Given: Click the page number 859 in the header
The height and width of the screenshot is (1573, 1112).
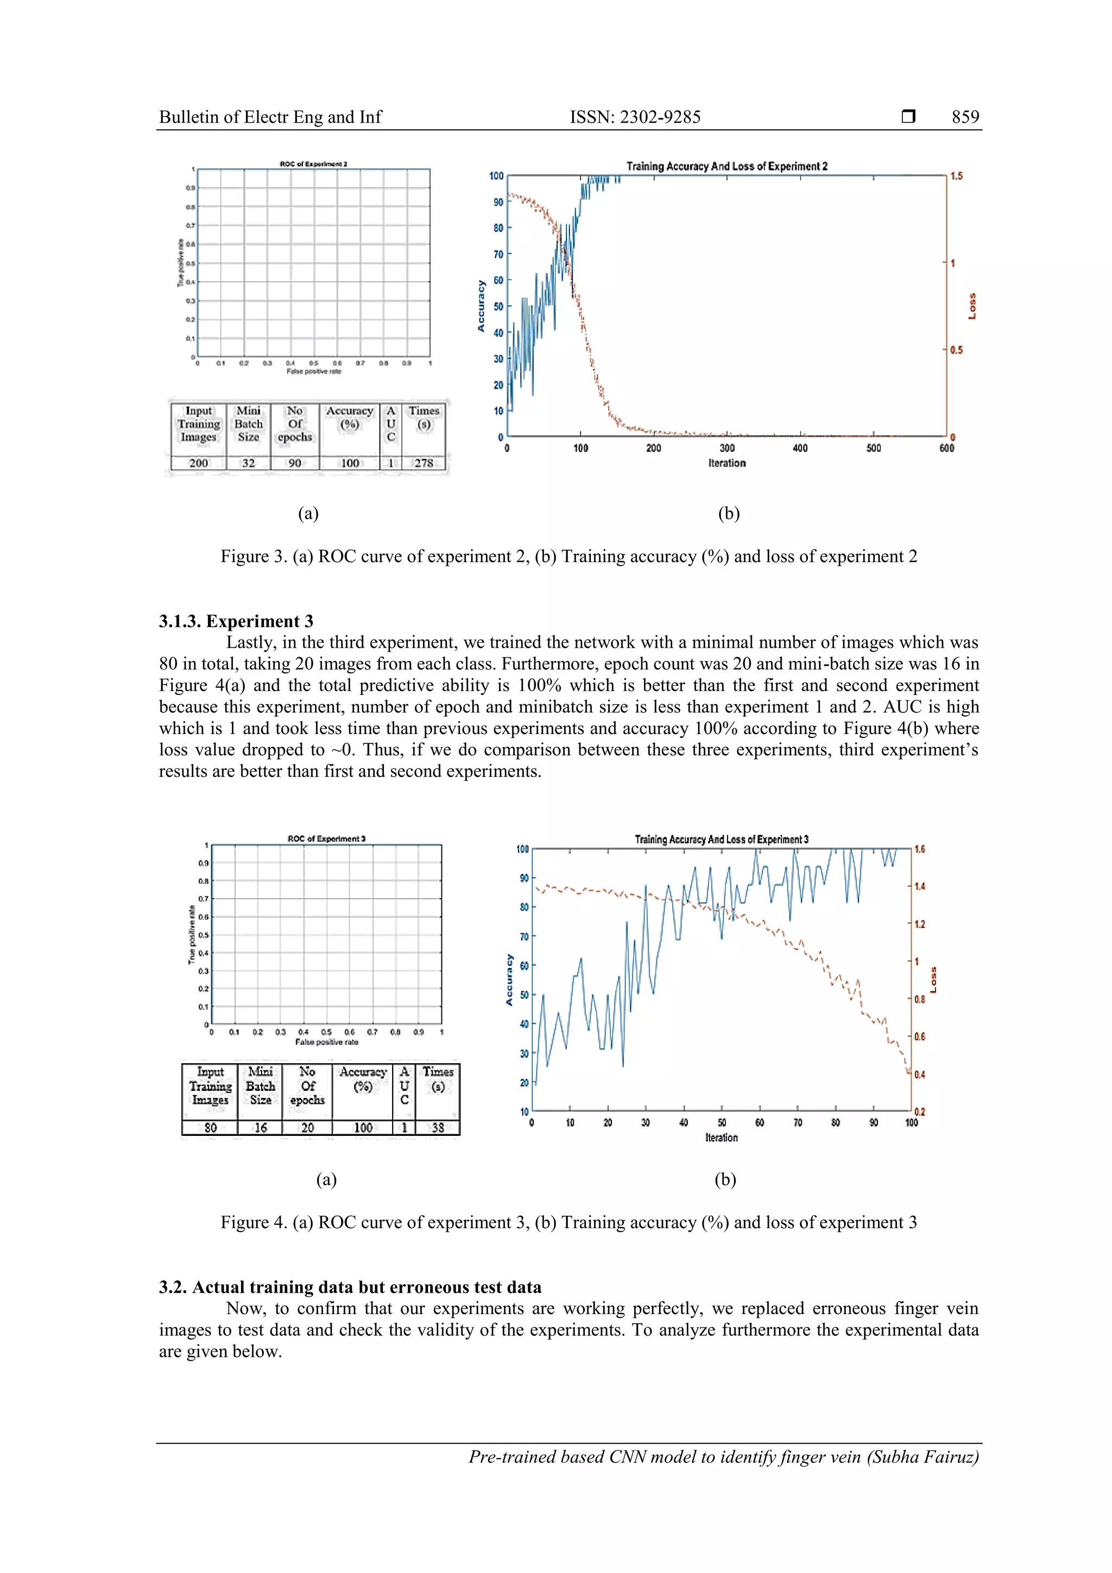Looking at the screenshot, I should click(x=965, y=117).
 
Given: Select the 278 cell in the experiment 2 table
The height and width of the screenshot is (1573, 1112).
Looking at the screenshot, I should click(x=424, y=463).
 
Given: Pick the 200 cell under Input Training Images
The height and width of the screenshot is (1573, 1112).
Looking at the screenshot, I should click(x=198, y=463).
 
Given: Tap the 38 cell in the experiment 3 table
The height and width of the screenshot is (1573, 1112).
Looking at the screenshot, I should click(x=438, y=1128).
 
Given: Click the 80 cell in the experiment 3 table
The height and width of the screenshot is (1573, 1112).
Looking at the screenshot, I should click(x=210, y=1128).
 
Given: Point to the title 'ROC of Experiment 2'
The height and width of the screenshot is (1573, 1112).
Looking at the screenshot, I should click(x=313, y=165).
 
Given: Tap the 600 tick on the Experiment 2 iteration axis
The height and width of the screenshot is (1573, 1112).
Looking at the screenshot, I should click(x=946, y=448).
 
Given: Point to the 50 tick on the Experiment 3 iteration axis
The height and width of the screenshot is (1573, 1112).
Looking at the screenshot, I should click(x=722, y=1123).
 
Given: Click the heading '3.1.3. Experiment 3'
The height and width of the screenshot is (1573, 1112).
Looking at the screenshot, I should click(x=236, y=621).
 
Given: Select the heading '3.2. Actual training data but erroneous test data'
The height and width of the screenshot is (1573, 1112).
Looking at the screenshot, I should click(x=350, y=1287).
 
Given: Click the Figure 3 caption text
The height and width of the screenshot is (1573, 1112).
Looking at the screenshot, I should click(x=568, y=557).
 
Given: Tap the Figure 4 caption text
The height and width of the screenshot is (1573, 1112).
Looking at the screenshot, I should click(x=568, y=1223).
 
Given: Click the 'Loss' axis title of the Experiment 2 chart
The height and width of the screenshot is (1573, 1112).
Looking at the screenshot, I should click(x=971, y=306).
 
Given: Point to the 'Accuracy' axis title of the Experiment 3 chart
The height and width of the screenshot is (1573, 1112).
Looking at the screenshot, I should click(x=509, y=980).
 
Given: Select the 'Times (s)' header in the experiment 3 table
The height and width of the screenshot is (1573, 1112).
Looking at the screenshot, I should click(x=438, y=1079).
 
